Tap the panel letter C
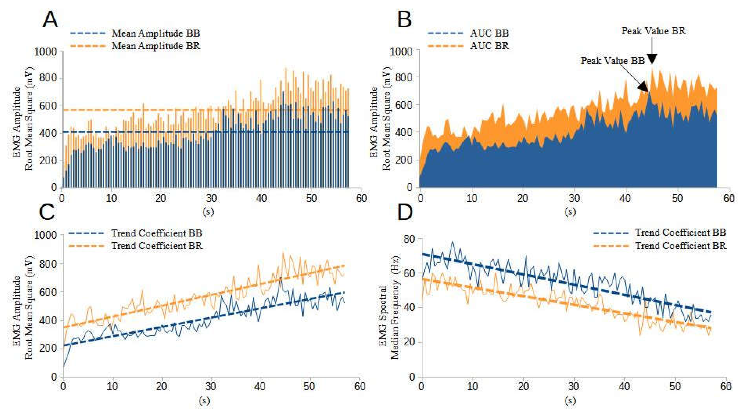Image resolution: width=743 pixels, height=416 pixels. click(x=47, y=213)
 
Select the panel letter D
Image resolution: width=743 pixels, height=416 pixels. click(x=405, y=213)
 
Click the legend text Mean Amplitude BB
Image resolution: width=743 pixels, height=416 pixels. click(x=156, y=33)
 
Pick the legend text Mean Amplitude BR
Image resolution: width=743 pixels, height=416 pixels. click(x=156, y=46)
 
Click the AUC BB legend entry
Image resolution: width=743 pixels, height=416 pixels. click(x=489, y=33)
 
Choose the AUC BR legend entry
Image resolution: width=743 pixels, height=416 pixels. click(x=489, y=46)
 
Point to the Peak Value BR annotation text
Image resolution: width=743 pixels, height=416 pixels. click(x=653, y=31)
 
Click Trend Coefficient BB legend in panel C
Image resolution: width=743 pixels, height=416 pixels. click(x=156, y=233)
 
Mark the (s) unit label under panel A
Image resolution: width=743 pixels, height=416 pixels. click(x=208, y=212)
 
